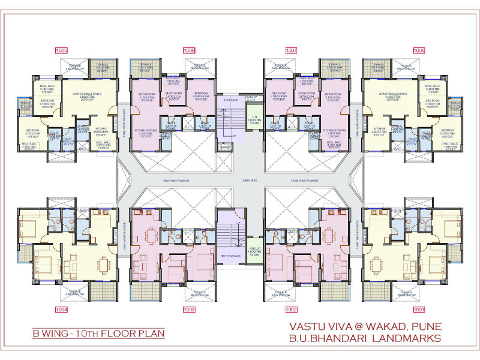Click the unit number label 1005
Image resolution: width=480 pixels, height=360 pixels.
(61, 50)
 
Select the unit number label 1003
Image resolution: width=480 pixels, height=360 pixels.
(190, 310)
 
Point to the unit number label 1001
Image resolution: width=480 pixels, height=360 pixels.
(418, 310)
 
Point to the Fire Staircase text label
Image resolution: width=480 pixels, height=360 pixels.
(230, 256)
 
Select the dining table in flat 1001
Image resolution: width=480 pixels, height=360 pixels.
(379, 264)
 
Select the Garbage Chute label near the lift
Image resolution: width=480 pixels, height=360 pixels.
(252, 97)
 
